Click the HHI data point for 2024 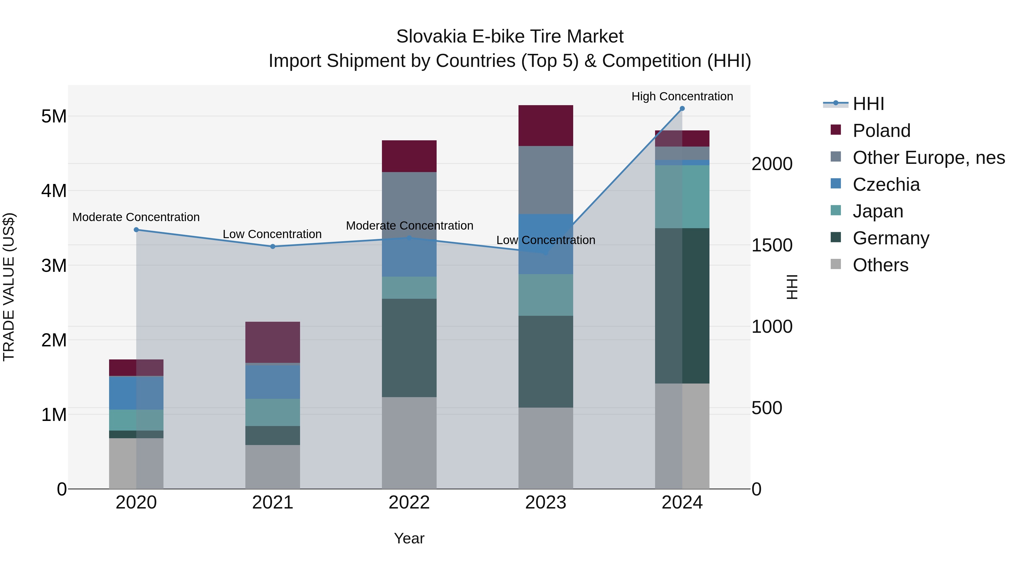pos(682,109)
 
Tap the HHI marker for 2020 pos(136,230)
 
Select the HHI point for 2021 pos(272,246)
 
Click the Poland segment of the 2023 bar pos(546,126)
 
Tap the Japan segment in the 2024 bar pos(682,196)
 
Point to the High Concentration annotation pos(682,96)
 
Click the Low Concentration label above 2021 pos(272,234)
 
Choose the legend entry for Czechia pos(886,185)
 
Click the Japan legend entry pos(877,211)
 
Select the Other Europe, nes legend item pos(928,158)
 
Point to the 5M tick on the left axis pos(54,117)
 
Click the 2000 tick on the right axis pos(772,164)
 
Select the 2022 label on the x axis pos(409,503)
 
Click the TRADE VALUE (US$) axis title pos(9,287)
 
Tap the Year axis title pos(409,538)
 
